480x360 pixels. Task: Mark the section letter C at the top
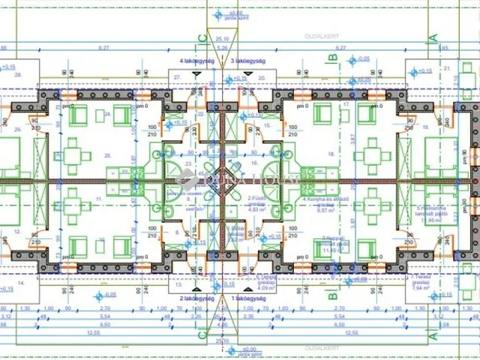pyautogui.click(x=201, y=37)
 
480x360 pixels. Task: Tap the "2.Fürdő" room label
pyautogui.click(x=256, y=198)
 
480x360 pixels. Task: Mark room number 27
pyautogui.click(x=177, y=77)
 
